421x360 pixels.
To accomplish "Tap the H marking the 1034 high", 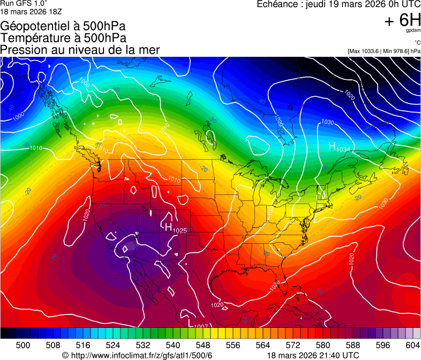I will pos(332,146).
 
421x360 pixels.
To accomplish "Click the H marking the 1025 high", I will pos(168,227).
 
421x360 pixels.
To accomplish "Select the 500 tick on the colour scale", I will pos(23,345).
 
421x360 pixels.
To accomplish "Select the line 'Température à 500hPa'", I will pos(64,38).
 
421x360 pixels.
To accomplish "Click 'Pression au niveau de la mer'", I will pos(80,50).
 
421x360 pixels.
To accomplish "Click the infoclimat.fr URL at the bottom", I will pos(137,355).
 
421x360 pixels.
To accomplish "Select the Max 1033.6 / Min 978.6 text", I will pos(384,51).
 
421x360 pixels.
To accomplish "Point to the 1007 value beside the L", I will pos(201,326).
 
